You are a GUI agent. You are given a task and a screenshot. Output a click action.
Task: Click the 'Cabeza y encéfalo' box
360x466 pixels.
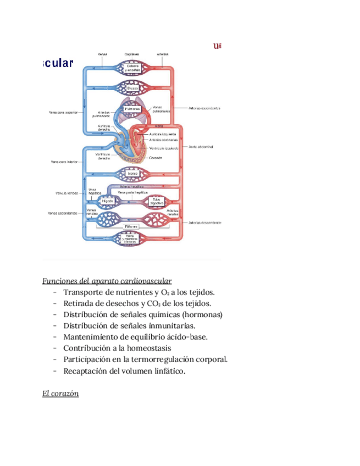(132, 68)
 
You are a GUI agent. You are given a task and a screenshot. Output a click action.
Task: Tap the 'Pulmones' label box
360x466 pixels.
(132, 109)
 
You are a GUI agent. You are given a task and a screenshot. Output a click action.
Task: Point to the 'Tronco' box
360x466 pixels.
(132, 174)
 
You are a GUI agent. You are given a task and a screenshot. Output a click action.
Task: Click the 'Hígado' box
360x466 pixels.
(108, 202)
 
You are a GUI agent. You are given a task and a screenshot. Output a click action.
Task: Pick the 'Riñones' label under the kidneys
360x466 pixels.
(132, 226)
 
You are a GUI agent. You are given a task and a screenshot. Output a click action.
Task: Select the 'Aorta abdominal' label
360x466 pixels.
(201, 147)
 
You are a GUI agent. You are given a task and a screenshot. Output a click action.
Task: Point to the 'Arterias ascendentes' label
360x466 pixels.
(204, 108)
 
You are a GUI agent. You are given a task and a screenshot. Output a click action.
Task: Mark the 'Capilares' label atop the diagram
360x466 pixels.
(132, 54)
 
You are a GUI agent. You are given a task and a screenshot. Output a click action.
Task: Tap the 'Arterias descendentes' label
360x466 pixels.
(204, 223)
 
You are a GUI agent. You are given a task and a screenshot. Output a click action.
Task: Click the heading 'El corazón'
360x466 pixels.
(60, 393)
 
